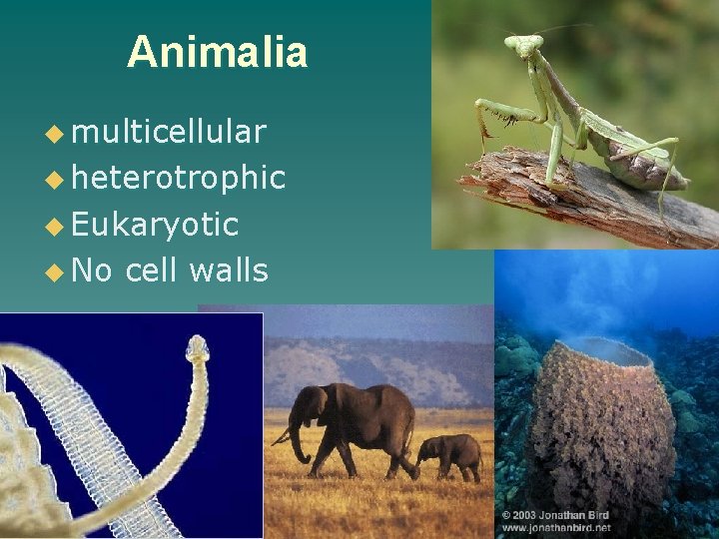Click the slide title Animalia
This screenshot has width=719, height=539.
pyautogui.click(x=217, y=52)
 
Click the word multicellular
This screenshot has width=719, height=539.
pyautogui.click(x=169, y=132)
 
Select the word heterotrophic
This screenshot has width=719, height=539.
pyautogui.click(x=178, y=178)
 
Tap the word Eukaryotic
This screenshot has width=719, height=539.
pyautogui.click(x=155, y=225)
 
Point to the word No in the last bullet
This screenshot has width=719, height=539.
pyautogui.click(x=92, y=269)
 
